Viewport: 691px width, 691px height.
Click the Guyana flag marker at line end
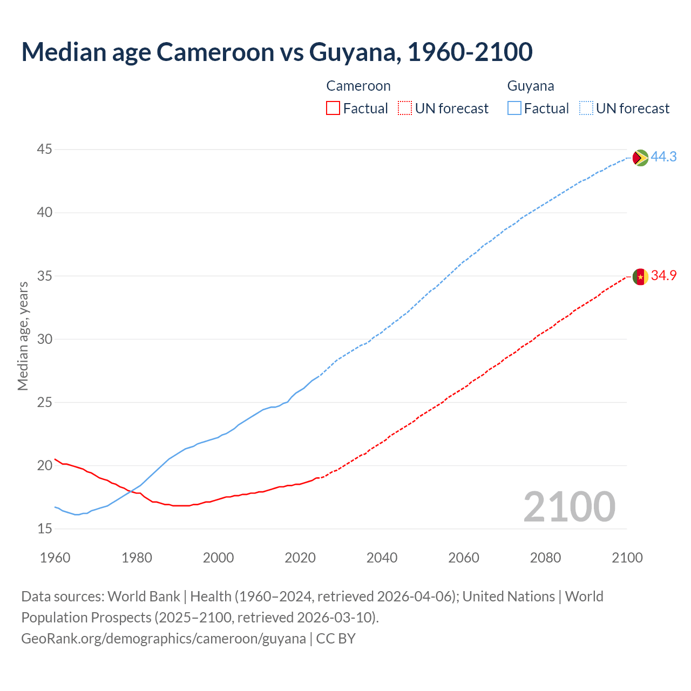[x=640, y=158]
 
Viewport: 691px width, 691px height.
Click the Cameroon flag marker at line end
[x=640, y=276]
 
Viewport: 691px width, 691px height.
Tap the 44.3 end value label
[x=663, y=157]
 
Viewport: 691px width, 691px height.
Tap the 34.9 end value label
[x=663, y=275]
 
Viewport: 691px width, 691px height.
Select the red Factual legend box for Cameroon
[x=333, y=109]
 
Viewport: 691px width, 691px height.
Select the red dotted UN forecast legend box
[x=405, y=109]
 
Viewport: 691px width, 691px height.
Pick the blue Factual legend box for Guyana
[x=514, y=109]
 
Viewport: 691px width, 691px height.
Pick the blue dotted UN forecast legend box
[x=586, y=109]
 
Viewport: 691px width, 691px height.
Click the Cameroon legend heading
[x=358, y=86]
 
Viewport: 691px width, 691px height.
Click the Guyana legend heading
[x=530, y=86]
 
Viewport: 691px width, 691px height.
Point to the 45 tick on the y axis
[x=45, y=149]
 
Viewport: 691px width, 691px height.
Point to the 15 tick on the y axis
[x=45, y=529]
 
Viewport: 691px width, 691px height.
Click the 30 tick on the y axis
[x=45, y=339]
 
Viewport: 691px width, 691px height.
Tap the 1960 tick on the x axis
[x=55, y=558]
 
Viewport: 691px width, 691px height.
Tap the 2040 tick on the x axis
[x=382, y=558]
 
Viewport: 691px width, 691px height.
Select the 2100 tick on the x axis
[x=627, y=558]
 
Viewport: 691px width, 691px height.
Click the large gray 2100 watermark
[x=569, y=506]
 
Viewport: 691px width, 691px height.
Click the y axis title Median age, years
[x=23, y=336]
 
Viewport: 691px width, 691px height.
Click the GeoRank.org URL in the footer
[x=163, y=639]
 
